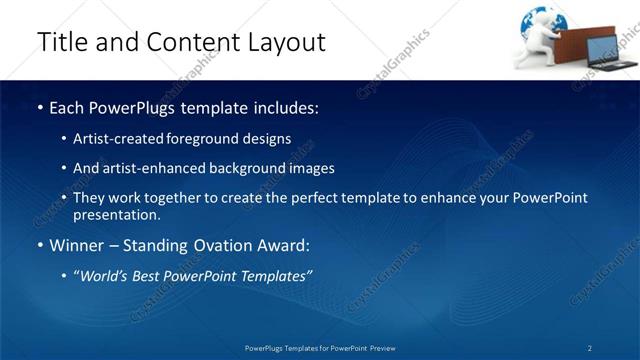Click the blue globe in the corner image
coord(537,22)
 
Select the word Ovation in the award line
coord(234,246)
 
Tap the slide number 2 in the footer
coord(590,347)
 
